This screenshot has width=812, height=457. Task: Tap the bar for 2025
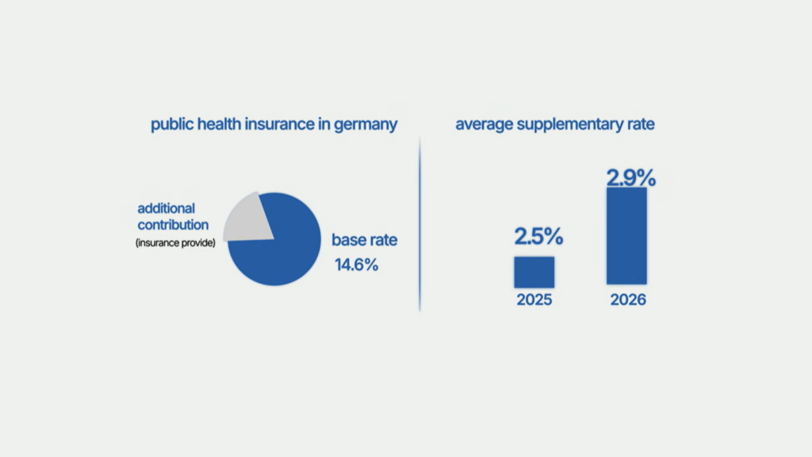pos(534,272)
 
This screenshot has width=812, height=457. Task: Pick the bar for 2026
pos(626,235)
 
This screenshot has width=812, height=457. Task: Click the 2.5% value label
pos(538,236)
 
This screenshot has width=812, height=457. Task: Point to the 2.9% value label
pos(631,177)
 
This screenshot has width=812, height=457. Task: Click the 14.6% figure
pos(356,265)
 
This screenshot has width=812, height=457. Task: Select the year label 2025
pos(533,301)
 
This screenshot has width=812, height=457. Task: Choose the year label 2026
pos(628,301)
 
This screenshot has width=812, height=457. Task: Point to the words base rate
pos(364,240)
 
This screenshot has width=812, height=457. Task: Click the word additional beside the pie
pos(167,208)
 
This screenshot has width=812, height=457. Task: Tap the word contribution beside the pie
pos(172,225)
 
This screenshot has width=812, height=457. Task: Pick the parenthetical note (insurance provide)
pos(175,242)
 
